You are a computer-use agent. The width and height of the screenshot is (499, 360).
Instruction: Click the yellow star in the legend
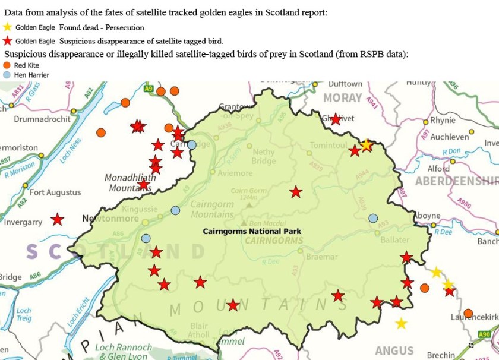(7, 27)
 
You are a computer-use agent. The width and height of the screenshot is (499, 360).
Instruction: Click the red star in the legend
(7, 41)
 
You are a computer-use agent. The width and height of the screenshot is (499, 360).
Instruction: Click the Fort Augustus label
(55, 192)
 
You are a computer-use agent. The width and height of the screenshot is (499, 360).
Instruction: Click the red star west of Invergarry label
(57, 219)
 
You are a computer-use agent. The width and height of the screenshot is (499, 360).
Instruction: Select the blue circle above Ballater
(373, 219)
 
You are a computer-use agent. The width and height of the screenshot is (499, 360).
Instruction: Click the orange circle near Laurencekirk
(468, 313)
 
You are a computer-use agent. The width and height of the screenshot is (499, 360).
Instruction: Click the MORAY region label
(342, 97)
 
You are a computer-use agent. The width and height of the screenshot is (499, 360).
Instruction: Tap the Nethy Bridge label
(263, 156)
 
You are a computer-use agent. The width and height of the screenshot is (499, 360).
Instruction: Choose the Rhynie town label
(443, 120)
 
